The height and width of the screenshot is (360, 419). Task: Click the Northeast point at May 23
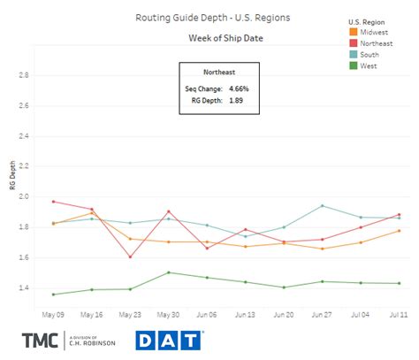pos(130,257)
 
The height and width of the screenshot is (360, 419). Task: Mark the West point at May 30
pos(168,272)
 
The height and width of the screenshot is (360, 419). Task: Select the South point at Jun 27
pos(323,206)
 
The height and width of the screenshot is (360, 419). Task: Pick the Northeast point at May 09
pos(53,202)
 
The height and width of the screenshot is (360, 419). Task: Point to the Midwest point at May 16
pos(91,213)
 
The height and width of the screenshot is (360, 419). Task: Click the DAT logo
pos(171,340)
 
